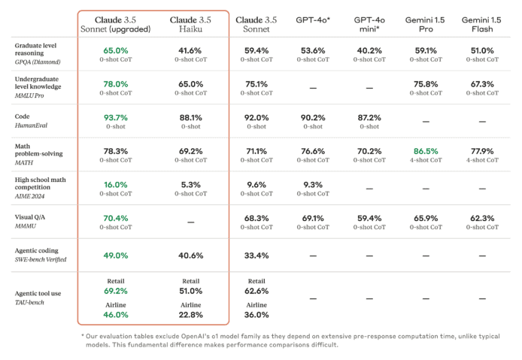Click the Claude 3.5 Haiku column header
(190, 24)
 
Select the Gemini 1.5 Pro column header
(425, 24)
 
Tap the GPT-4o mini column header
(369, 24)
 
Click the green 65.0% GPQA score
(116, 50)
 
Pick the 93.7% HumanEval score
(116, 118)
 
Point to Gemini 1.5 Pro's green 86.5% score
(426, 151)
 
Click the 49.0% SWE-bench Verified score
(116, 256)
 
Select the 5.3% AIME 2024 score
(191, 185)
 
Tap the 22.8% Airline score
(191, 315)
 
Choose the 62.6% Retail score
(256, 291)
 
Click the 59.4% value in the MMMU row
(369, 218)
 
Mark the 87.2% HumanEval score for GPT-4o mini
(369, 118)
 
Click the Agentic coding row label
(37, 250)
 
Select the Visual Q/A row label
(30, 217)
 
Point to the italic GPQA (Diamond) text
(38, 62)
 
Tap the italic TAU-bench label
(29, 302)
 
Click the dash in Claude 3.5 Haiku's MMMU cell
(191, 222)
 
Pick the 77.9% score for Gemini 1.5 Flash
(482, 151)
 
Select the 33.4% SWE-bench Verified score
(256, 256)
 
